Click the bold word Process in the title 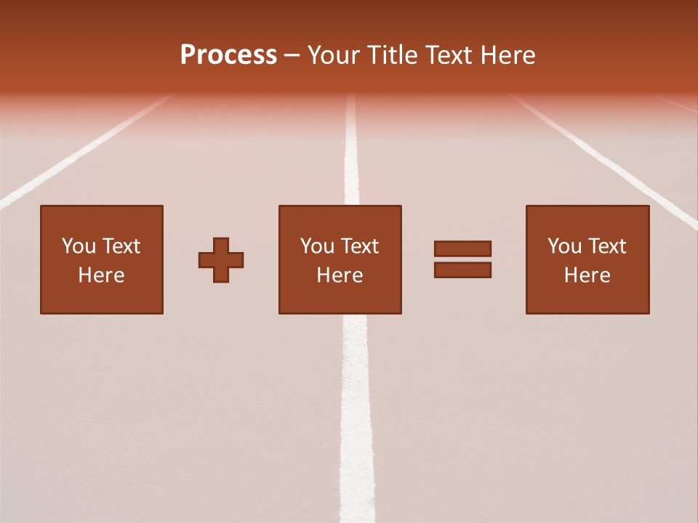click(228, 55)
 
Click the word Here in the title click(508, 55)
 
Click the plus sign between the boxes click(221, 260)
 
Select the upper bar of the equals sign click(462, 248)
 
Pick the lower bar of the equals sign click(462, 270)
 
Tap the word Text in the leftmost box click(121, 246)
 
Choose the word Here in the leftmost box click(101, 275)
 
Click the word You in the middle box click(317, 246)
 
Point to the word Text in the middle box click(359, 246)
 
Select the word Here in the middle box click(340, 275)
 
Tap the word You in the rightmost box click(564, 246)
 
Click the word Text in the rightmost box click(606, 246)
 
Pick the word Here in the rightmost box click(587, 275)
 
